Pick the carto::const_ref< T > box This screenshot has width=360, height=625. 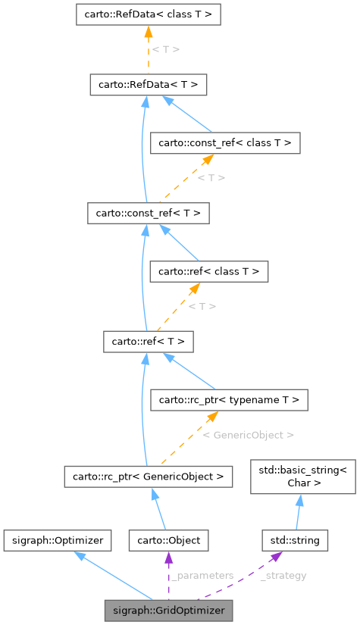pyautogui.click(x=148, y=213)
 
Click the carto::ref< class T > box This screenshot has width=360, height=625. pyautogui.click(x=208, y=270)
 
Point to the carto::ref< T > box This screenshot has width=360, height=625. pyautogui.click(x=149, y=341)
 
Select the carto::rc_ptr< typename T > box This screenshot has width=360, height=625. pyautogui.click(x=229, y=398)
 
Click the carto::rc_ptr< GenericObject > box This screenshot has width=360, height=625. pyautogui.click(x=148, y=477)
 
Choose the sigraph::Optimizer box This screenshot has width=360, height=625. pyautogui.click(x=58, y=540)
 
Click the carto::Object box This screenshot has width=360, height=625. pyautogui.click(x=168, y=540)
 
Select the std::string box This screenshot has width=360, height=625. pyautogui.click(x=295, y=540)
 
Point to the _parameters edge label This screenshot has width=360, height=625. pyautogui.click(x=202, y=576)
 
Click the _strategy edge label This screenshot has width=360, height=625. pyautogui.click(x=283, y=576)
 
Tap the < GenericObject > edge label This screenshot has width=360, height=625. pyautogui.click(x=249, y=435)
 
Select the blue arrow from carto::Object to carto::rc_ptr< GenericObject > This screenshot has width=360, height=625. pyautogui.click(x=160, y=508)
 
